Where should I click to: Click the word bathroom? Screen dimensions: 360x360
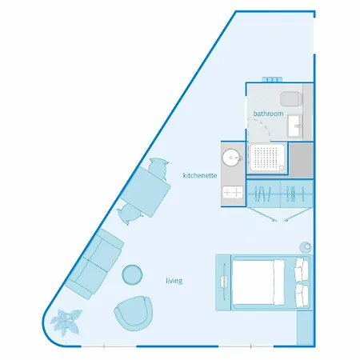pos(268,114)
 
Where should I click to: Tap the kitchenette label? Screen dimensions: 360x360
pos(200,175)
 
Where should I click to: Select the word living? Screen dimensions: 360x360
pos(174,281)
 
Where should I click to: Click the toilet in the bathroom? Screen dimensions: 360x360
pos(291,98)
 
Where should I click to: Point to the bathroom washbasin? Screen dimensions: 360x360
pos(295,126)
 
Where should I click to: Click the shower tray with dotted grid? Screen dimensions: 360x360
pos(267,158)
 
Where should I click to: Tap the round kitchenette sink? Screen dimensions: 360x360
pos(231,158)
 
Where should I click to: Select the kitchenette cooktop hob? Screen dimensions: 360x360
pos(233,192)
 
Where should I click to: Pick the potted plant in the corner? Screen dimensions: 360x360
pos(66,322)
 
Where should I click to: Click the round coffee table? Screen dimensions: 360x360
pos(132,274)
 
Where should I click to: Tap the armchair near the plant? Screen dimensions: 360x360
pos(134,313)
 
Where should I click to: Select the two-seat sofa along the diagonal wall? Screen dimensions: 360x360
pos(94,263)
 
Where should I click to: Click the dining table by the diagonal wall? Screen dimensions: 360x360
pos(146,192)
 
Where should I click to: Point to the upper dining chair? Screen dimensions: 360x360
pos(158,168)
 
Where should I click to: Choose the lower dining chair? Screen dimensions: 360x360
pos(129,214)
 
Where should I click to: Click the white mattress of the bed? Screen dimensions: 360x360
pos(258,282)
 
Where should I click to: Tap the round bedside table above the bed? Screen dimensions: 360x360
pos(306,247)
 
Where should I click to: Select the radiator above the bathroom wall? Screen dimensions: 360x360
pos(272,80)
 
